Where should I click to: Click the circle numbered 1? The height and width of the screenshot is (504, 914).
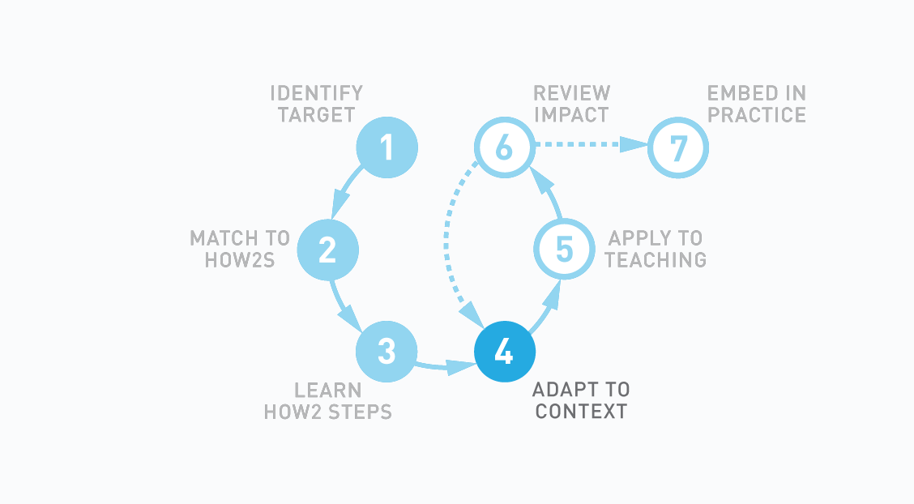(x=387, y=147)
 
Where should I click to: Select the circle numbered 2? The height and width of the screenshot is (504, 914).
(x=327, y=250)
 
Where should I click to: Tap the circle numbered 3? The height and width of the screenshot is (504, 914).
(x=387, y=352)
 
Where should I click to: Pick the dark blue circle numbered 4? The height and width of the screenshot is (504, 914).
(x=504, y=352)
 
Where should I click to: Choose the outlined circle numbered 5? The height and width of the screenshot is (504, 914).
(x=564, y=250)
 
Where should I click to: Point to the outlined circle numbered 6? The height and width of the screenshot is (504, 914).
(x=504, y=147)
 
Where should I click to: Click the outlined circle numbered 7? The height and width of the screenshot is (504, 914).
(x=678, y=147)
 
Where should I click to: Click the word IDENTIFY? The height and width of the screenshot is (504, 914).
(x=316, y=92)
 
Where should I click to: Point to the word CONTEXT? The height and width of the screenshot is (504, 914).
(x=581, y=412)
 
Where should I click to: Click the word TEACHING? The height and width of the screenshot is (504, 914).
(x=656, y=260)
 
